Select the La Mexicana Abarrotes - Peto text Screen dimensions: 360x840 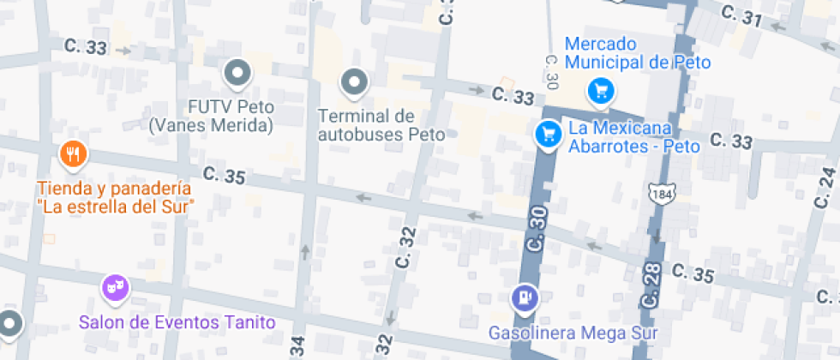click(633, 137)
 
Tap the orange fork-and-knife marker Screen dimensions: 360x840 click(72, 154)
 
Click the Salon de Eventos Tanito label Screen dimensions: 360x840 click(177, 322)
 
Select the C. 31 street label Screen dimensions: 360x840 click(742, 17)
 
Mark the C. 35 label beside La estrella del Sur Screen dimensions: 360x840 click(225, 177)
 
